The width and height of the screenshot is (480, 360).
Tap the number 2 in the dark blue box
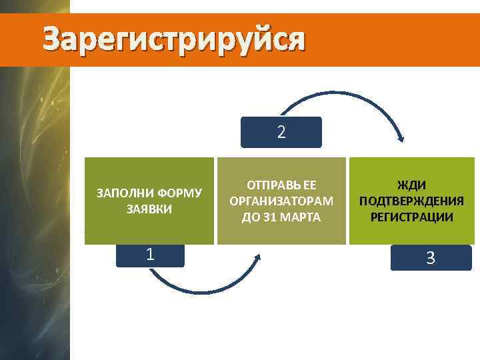(x=281, y=133)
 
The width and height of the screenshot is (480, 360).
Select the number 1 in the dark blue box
(x=151, y=255)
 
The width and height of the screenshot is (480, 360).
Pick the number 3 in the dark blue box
(x=431, y=258)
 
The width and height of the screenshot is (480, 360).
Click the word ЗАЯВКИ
(x=149, y=209)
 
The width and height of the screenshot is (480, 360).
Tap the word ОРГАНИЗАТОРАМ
(x=281, y=201)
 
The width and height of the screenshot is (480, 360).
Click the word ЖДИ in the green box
(x=411, y=185)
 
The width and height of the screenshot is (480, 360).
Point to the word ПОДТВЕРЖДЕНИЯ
(x=411, y=201)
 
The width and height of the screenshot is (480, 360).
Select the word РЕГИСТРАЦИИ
(x=411, y=217)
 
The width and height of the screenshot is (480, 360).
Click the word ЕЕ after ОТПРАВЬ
(x=307, y=185)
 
